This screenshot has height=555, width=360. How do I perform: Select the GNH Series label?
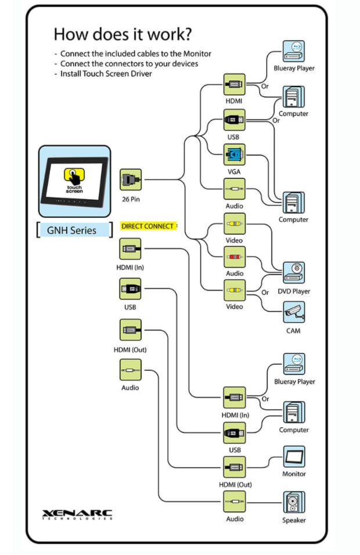pyautogui.click(x=72, y=230)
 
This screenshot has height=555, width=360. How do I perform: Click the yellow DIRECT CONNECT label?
pyautogui.click(x=147, y=226)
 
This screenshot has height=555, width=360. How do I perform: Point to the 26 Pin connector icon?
pyautogui.click(x=131, y=179)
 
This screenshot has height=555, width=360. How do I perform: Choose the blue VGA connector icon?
pyautogui.click(x=235, y=154)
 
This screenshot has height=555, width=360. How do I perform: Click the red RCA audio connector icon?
pyautogui.click(x=235, y=257)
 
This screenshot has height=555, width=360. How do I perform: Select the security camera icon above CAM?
pyautogui.click(x=294, y=312)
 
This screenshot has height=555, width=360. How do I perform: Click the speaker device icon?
pyautogui.click(x=294, y=502)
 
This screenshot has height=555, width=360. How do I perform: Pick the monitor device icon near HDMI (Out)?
pyautogui.click(x=294, y=456)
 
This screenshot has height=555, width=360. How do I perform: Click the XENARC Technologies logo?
pyautogui.click(x=77, y=515)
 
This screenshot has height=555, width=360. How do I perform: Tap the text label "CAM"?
pyautogui.click(x=293, y=331)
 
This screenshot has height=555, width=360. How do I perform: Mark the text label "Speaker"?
pyautogui.click(x=294, y=520)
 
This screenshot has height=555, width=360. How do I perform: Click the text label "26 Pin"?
pyautogui.click(x=131, y=199)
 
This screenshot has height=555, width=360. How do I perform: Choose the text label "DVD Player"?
pyautogui.click(x=294, y=291)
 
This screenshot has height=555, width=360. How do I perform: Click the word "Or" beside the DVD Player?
pyautogui.click(x=265, y=293)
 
